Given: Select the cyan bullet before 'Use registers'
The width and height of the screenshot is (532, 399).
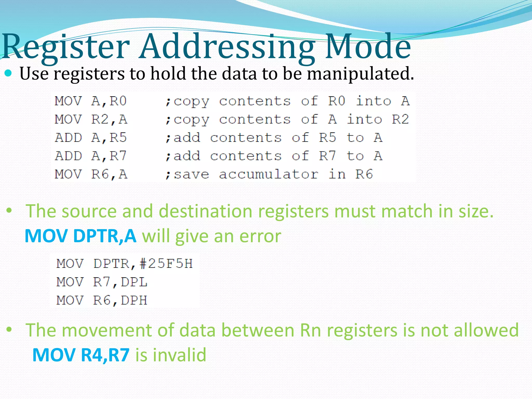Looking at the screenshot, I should tap(8, 73).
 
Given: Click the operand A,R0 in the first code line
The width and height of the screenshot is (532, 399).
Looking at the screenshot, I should tap(109, 101).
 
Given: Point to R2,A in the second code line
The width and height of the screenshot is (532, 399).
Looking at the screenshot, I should tap(109, 119).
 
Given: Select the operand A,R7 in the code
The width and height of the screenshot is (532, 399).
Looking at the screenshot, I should tap(109, 156).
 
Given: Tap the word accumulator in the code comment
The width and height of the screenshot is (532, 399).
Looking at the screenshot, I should tap(268, 174).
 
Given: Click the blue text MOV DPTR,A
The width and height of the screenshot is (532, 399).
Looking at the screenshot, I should tap(81, 236).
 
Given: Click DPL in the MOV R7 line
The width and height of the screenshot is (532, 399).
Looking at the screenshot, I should tap(134, 282).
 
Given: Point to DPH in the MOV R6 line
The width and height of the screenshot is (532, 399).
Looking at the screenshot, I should tap(134, 300).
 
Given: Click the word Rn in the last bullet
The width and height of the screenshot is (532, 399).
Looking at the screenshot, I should tap(310, 330).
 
